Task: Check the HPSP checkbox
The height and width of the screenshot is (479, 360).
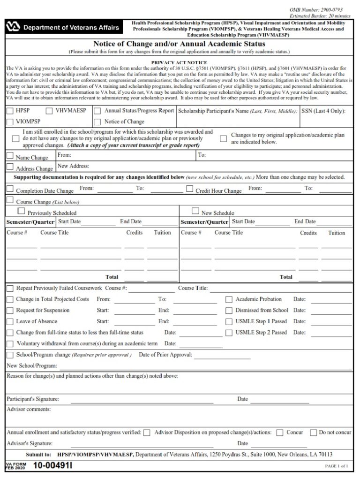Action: tap(10, 111)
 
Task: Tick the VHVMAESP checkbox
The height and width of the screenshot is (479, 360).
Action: tap(49, 111)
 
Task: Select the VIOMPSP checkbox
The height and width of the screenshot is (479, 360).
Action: tap(10, 122)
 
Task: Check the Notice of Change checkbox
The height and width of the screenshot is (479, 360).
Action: tap(97, 122)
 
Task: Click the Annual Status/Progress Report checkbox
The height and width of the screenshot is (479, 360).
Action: tap(97, 111)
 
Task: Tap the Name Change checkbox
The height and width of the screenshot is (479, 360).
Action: tap(10, 156)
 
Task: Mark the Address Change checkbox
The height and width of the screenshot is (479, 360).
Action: tap(10, 167)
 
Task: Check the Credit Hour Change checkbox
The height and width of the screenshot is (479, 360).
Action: tap(190, 189)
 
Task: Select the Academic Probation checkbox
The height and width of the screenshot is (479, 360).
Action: tap(229, 299)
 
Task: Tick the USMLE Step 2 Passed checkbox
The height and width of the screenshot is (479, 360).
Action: tap(229, 333)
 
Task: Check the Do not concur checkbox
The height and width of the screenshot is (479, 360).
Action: tap(314, 433)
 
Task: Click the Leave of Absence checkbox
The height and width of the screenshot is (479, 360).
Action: tap(10, 322)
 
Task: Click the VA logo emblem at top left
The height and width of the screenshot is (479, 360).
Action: tap(14, 28)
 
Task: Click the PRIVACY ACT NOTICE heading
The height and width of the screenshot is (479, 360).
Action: tap(180, 62)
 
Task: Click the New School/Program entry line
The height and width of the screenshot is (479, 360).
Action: tap(205, 366)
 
